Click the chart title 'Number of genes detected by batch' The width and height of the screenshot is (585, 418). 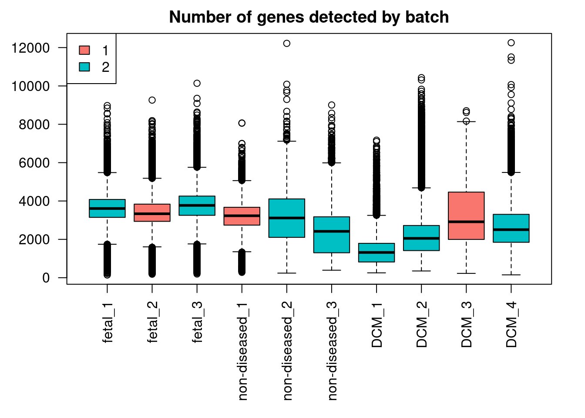pyautogui.click(x=309, y=17)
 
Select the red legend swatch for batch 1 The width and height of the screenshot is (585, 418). pyautogui.click(x=84, y=50)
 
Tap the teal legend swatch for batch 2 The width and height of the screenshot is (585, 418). pyautogui.click(x=84, y=67)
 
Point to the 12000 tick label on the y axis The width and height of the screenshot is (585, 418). pyautogui.click(x=31, y=48)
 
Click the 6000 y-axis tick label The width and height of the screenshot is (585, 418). pyautogui.click(x=34, y=163)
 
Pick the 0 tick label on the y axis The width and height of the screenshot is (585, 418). pyautogui.click(x=46, y=278)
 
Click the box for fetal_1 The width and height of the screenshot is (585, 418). pyautogui.click(x=107, y=208)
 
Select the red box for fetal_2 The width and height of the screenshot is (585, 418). pyautogui.click(x=152, y=212)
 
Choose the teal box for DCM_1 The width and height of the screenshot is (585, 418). pyautogui.click(x=377, y=253)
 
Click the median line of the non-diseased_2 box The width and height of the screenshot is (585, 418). pyautogui.click(x=286, y=218)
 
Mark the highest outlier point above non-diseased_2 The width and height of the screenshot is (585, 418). pyautogui.click(x=286, y=43)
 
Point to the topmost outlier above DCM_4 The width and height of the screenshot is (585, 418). pyautogui.click(x=511, y=43)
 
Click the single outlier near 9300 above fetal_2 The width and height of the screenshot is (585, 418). pyautogui.click(x=152, y=100)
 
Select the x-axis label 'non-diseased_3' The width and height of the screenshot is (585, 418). pyautogui.click(x=332, y=351)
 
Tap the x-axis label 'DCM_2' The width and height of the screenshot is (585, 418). pyautogui.click(x=422, y=324)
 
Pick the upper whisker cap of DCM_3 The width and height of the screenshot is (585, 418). pyautogui.click(x=466, y=121)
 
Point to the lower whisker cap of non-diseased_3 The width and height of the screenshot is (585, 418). pyautogui.click(x=332, y=270)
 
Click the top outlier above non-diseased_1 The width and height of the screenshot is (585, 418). pyautogui.click(x=242, y=123)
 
